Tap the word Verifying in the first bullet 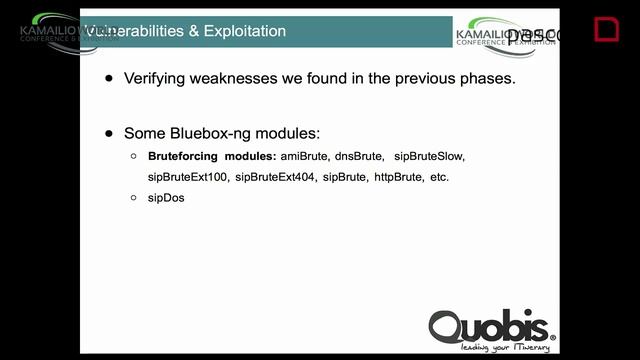[x=156, y=77]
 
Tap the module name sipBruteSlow [x=429, y=157]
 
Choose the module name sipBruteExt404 [x=275, y=177]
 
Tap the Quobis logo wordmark [x=490, y=325]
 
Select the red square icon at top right [x=606, y=29]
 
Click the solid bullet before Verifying [x=109, y=77]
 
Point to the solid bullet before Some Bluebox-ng [x=109, y=133]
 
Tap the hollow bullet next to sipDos [x=134, y=198]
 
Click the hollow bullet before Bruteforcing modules [x=134, y=157]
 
